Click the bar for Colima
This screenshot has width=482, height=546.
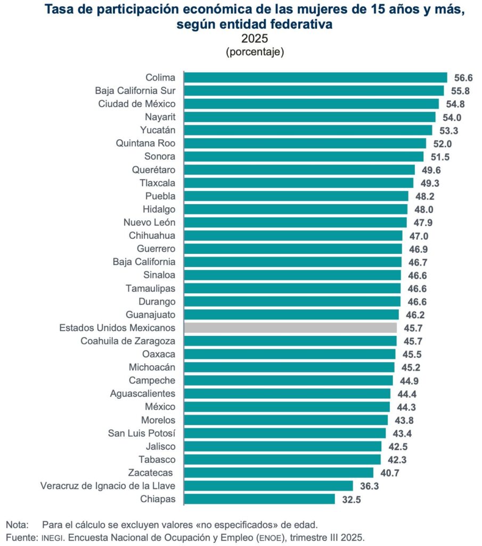click(315, 77)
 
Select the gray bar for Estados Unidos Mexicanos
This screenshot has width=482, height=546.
click(290, 327)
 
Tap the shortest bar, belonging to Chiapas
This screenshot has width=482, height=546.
click(259, 499)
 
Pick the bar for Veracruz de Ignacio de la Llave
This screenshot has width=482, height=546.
click(268, 486)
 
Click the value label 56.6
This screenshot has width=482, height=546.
click(463, 78)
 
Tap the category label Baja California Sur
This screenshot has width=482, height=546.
click(135, 91)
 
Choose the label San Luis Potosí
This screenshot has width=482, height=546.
click(142, 433)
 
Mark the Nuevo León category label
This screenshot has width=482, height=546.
click(149, 222)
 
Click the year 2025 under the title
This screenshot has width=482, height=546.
click(255, 39)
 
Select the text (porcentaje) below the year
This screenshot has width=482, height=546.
click(255, 52)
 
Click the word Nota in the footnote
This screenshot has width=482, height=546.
click(16, 524)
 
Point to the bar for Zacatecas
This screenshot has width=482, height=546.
click(279, 472)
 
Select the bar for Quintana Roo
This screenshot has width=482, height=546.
click(305, 143)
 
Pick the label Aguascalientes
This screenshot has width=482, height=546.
click(142, 394)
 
